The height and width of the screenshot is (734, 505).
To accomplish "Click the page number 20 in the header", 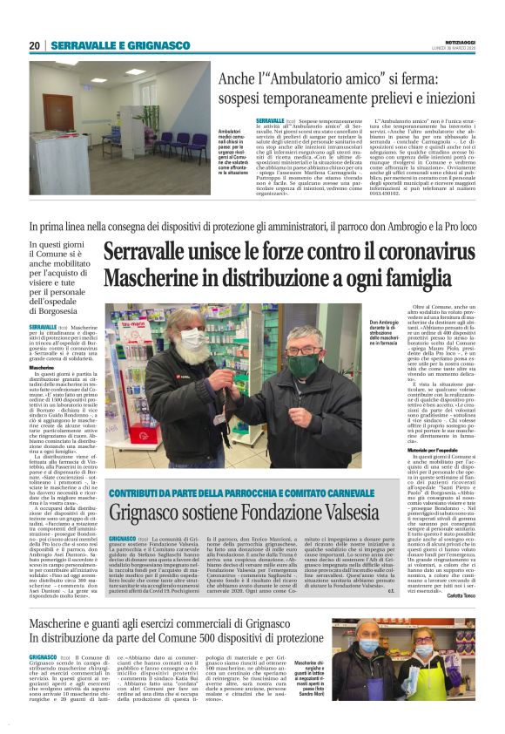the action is point(35,45).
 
